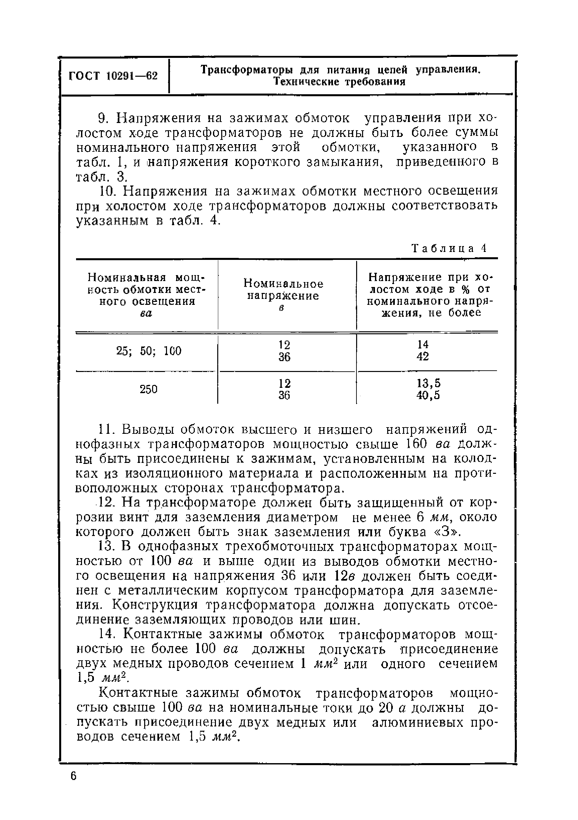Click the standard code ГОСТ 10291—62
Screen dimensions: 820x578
click(113, 76)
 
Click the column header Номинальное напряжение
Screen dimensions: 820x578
click(283, 290)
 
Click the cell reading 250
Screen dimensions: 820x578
click(148, 389)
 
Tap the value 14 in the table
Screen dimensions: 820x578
click(423, 345)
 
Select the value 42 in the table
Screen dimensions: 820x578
click(423, 357)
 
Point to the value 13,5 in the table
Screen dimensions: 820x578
click(428, 384)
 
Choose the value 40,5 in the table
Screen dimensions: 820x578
click(428, 396)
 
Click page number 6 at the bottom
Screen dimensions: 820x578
click(74, 786)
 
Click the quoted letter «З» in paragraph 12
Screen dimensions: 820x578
click(445, 532)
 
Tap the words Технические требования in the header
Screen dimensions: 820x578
click(339, 82)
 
